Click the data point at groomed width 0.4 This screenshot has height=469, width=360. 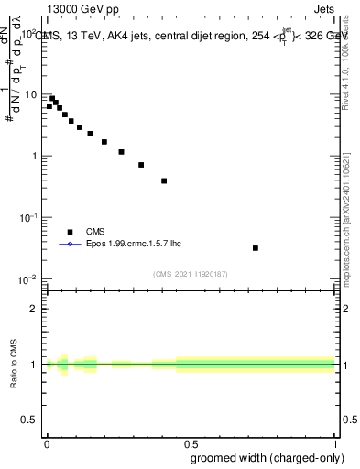coord(164,180)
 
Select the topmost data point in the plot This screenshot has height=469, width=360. coord(52,98)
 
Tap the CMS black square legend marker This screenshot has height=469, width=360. coord(69,232)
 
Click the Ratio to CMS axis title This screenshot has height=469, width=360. coord(14,366)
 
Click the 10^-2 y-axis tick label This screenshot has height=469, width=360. coord(31,279)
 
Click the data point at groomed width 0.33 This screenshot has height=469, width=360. coord(141,165)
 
